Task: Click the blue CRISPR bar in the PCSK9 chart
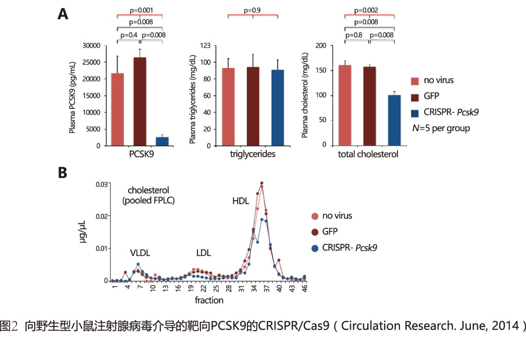pos(162,141)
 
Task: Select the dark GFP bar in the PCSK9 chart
pos(140,101)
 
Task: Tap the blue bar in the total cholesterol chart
pos(394,120)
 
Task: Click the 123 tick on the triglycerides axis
pos(205,45)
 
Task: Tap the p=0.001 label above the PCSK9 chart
pos(140,9)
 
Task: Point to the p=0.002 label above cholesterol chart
pos(369,9)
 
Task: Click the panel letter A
pos(63,14)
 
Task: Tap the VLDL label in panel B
pos(139,253)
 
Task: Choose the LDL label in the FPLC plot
pos(203,253)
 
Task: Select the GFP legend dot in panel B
pos(314,232)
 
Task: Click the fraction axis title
pos(209,300)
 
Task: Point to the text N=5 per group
pos(441,128)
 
